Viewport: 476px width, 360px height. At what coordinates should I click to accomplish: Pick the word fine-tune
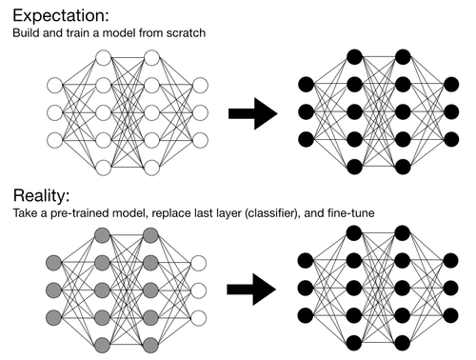click(353, 214)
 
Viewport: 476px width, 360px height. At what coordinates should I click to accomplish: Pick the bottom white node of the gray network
click(200, 314)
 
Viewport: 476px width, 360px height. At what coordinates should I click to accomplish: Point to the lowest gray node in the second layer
click(102, 342)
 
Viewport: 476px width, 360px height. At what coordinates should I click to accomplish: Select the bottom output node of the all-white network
click(200, 141)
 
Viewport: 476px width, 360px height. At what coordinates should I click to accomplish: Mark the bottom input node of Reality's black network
click(306, 314)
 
